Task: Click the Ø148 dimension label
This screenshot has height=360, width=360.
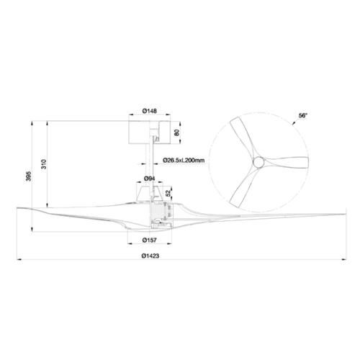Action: (149, 111)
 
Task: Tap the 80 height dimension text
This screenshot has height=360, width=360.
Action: (176, 132)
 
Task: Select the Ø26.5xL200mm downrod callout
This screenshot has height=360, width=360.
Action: (184, 161)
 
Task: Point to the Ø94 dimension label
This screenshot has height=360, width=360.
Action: (149, 179)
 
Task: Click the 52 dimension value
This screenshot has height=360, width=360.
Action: (168, 192)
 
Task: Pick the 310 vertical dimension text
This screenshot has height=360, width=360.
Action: (44, 164)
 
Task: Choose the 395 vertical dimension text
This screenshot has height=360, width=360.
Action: (28, 176)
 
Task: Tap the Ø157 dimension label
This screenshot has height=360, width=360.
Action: (149, 240)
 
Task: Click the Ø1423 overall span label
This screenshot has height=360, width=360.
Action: (150, 256)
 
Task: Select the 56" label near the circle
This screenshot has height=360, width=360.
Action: (303, 116)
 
